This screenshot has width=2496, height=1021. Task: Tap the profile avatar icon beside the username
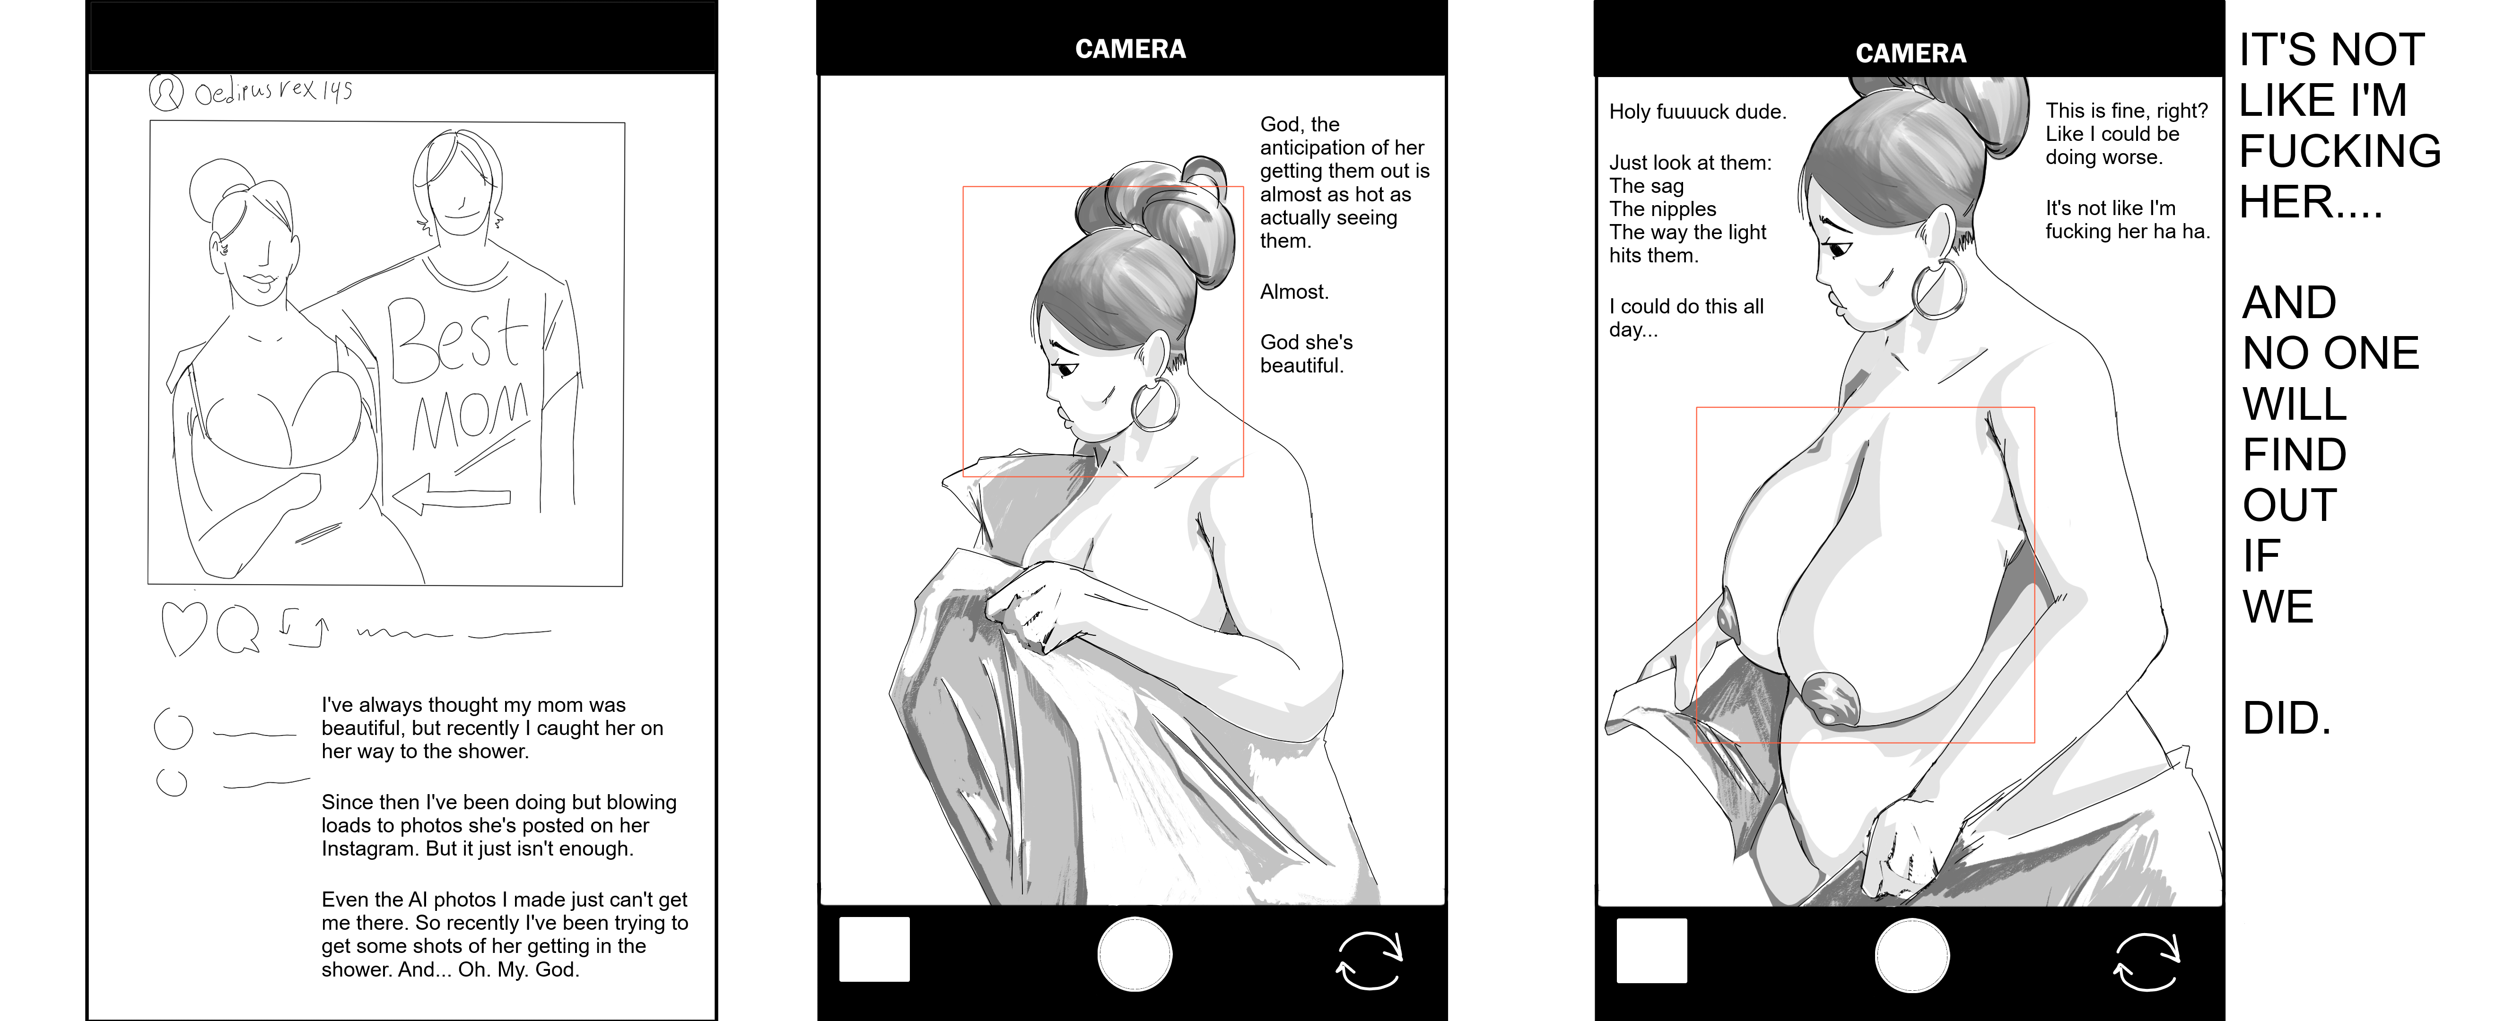tap(166, 92)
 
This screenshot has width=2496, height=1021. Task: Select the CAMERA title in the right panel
tap(1911, 53)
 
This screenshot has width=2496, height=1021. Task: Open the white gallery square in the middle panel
tap(874, 949)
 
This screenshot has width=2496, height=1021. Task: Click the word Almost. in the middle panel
tap(1294, 292)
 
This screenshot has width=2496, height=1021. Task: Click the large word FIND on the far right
tap(2295, 454)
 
